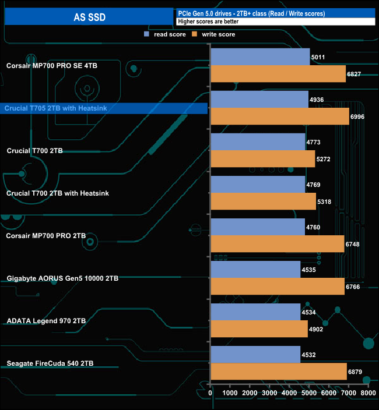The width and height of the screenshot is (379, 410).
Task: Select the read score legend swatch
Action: pos(147,34)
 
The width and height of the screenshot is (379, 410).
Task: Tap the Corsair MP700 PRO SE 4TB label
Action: pos(52,66)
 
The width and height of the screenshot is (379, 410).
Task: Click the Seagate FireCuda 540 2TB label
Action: pos(50,363)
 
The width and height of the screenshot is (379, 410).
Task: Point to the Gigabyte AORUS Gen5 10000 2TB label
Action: pos(62,278)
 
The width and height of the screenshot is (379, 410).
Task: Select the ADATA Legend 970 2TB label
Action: pos(46,321)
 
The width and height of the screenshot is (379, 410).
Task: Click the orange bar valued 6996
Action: pos(280,116)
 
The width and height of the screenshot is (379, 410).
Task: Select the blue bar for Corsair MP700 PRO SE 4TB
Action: pos(260,57)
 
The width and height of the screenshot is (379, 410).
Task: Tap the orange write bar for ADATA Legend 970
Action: pos(259,329)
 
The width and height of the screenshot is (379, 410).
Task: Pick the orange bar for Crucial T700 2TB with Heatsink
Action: pos(263,202)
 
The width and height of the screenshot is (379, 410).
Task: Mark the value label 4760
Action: pos(315,227)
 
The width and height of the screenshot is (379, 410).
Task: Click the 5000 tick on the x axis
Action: pos(309,394)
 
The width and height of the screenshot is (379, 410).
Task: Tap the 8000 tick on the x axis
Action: pos(368,394)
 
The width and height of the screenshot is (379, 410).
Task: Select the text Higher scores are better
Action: pos(208,22)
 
